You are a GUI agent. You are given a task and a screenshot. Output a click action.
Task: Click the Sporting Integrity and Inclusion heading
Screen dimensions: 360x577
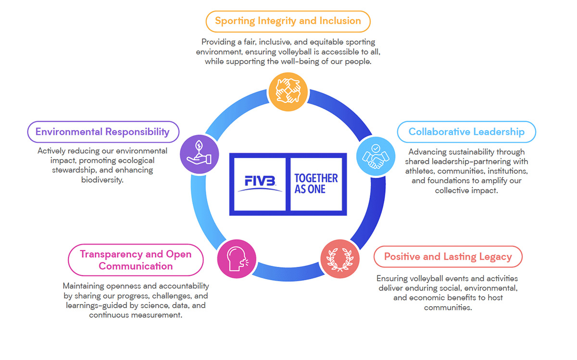click(x=288, y=21)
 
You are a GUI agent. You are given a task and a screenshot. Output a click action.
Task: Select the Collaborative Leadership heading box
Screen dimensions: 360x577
click(x=466, y=132)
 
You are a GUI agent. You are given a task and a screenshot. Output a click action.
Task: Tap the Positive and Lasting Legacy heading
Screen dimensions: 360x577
click(x=448, y=257)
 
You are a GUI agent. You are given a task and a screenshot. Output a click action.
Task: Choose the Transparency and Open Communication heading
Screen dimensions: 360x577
click(x=136, y=260)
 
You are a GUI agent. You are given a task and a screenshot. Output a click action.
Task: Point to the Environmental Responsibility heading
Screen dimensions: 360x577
click(x=102, y=132)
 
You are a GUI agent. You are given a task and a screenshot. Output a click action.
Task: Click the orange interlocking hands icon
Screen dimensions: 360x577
click(x=288, y=91)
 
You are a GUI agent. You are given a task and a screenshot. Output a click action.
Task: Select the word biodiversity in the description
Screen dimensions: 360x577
click(x=102, y=180)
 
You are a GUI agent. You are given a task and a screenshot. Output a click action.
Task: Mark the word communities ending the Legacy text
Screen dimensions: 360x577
click(x=448, y=308)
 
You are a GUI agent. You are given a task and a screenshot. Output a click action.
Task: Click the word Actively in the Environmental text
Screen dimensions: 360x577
click(x=52, y=151)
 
